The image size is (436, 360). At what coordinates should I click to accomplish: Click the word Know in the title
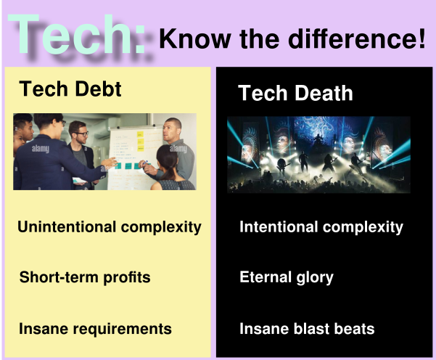[x=195, y=38]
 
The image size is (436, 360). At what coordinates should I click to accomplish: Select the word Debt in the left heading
[x=98, y=89]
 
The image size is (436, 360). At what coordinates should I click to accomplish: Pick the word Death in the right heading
[x=324, y=93]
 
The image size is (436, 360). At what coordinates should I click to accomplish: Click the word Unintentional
[x=67, y=226]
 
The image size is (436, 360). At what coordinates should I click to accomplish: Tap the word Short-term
[x=59, y=277]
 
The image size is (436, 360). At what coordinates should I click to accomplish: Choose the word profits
[x=127, y=278]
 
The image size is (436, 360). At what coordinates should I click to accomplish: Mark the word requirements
[x=123, y=329]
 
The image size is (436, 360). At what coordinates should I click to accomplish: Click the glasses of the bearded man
[x=81, y=134]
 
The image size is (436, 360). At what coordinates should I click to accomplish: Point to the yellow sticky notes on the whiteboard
[x=141, y=141]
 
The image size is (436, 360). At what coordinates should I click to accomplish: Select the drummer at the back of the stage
[x=318, y=140]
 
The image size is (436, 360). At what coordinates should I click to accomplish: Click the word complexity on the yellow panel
[x=161, y=227]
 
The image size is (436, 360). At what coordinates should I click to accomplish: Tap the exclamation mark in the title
[x=421, y=38]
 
